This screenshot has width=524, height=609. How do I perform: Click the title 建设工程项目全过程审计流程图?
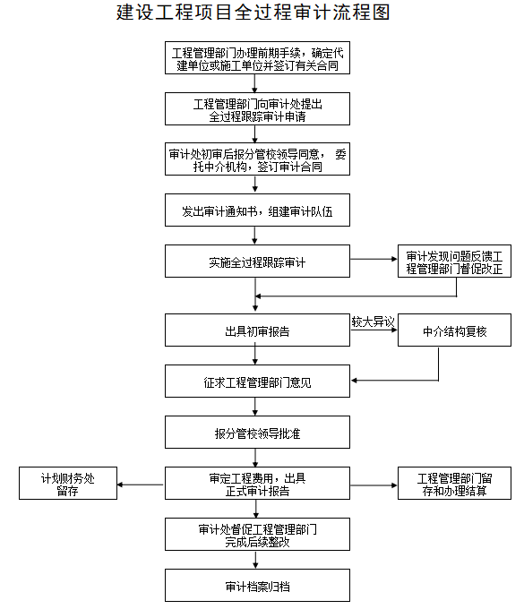253,13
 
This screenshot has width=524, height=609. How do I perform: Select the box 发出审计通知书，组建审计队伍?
257,210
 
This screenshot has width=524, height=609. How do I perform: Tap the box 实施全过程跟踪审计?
257,261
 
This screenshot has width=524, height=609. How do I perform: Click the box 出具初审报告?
257,330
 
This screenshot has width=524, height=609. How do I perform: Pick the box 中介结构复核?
454,330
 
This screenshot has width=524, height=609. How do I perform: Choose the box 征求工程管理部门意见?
257,381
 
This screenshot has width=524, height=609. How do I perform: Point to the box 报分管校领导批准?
257,433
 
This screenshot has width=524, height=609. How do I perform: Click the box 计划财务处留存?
68,483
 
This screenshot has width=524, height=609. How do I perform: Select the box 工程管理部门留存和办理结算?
454,483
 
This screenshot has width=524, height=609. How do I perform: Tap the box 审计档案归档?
257,586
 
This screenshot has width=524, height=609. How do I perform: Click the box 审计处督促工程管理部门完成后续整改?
257,534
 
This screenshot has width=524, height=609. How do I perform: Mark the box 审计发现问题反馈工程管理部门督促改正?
454,261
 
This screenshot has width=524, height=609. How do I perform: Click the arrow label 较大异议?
373,322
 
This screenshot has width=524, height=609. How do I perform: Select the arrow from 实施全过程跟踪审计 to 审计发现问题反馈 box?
374,259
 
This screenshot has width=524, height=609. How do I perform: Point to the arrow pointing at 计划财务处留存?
141,485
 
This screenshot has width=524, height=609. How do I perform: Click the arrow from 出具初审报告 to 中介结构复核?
374,330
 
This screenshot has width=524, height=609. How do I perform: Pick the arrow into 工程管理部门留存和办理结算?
374,485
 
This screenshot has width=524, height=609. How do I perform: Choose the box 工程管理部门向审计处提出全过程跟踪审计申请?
257,108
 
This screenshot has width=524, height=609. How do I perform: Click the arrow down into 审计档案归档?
255,560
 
